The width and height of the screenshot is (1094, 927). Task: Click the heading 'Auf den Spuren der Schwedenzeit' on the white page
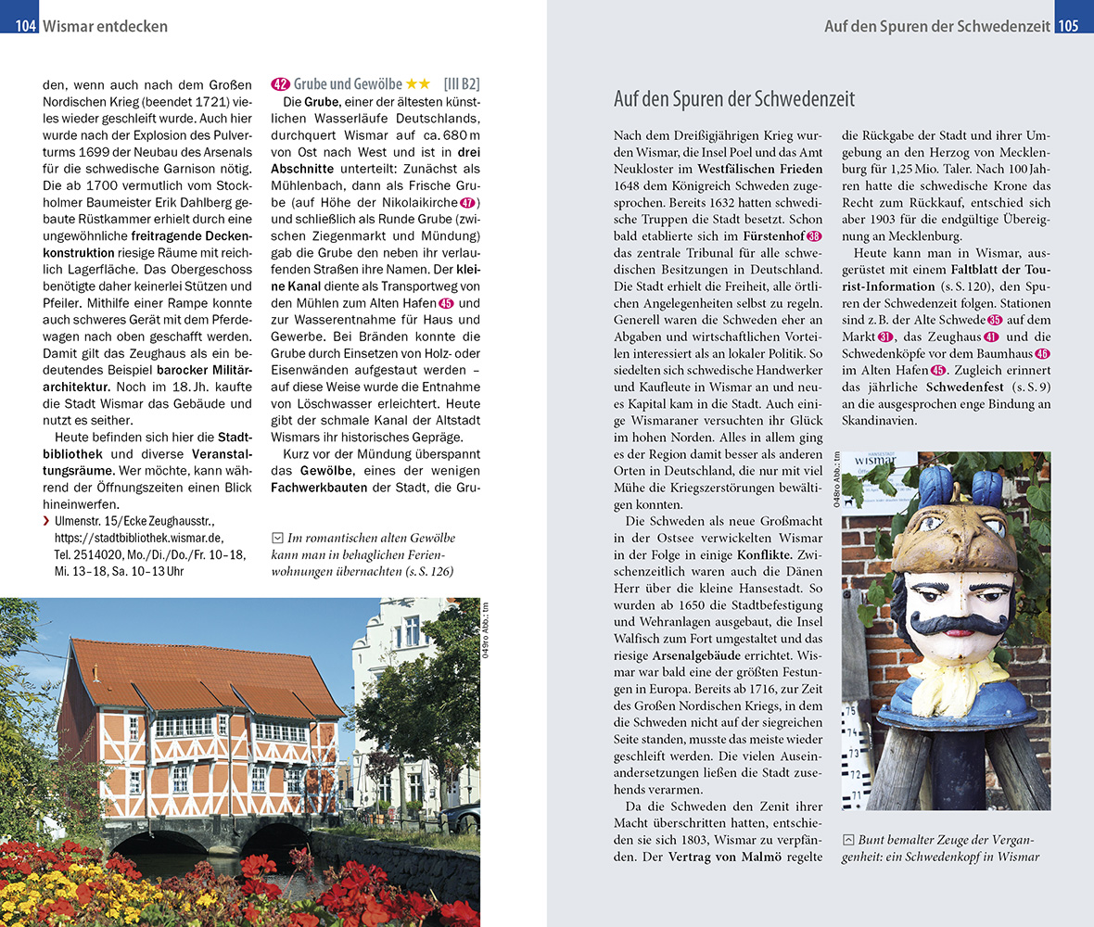pyautogui.click(x=734, y=99)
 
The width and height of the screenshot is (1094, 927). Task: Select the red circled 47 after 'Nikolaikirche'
pyautogui.click(x=468, y=203)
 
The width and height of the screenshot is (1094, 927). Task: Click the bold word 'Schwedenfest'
pyautogui.click(x=963, y=387)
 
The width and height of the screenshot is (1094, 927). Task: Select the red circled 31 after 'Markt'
pyautogui.click(x=885, y=337)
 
